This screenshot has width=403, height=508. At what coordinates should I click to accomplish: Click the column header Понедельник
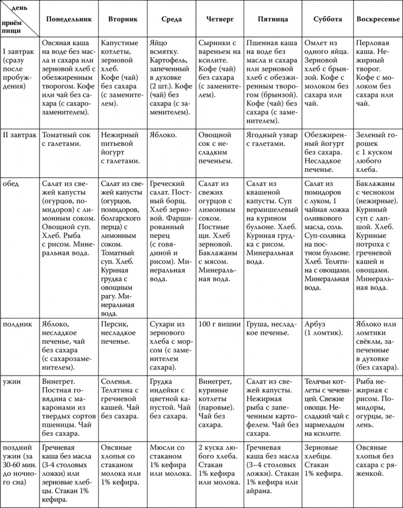pos(69,19)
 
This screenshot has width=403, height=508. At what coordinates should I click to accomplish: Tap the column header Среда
pos(171,19)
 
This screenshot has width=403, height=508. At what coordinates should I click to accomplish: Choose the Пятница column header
pos(273,19)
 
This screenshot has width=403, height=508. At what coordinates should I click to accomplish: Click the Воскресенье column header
pos(377,19)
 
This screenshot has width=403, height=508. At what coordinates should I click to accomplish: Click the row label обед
pos(11,184)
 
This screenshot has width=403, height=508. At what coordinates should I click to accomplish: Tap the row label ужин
pos(12,381)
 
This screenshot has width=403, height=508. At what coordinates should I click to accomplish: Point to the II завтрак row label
pos(19,136)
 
